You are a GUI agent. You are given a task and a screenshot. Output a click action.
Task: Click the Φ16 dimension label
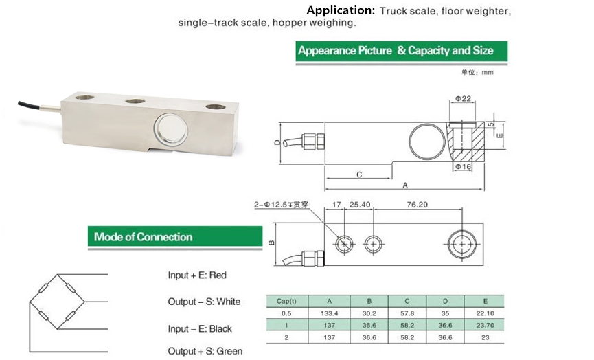click(463, 167)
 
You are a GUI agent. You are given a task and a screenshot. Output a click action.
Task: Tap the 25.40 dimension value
click(359, 204)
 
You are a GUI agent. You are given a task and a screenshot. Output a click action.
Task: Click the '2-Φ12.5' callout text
click(282, 205)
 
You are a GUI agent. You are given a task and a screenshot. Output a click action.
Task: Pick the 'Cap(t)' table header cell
click(286, 301)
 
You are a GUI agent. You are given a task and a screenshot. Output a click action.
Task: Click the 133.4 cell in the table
click(329, 313)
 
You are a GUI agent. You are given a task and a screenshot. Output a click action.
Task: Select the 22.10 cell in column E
click(485, 313)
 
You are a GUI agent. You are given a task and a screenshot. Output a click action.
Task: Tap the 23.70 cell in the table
click(485, 326)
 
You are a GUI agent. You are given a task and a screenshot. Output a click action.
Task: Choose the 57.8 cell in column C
click(407, 313)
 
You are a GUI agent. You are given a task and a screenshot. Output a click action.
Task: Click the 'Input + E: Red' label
click(197, 275)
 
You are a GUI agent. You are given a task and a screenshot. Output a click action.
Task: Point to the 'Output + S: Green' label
click(205, 351)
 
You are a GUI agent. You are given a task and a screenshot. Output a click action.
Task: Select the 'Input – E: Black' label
click(201, 329)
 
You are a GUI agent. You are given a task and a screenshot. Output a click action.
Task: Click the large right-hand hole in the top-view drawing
click(461, 243)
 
